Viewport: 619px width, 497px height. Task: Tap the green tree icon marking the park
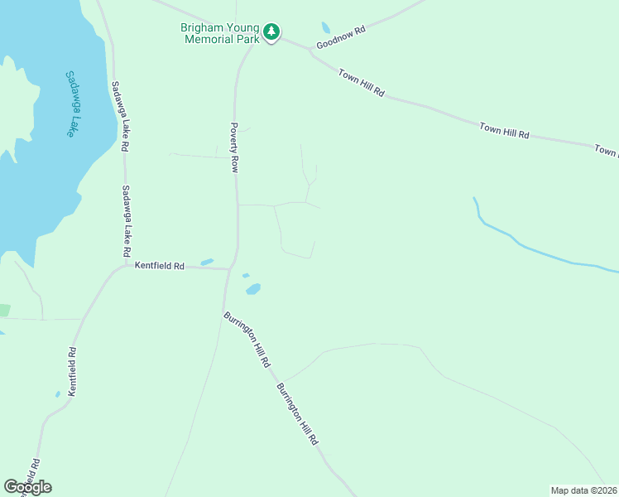(271, 32)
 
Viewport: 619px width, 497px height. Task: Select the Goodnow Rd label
(340, 39)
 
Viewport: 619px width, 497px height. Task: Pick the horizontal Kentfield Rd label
(160, 266)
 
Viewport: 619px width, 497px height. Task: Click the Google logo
(27, 486)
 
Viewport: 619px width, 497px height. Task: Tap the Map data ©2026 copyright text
(583, 490)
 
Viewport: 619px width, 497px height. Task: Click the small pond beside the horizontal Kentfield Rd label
(207, 262)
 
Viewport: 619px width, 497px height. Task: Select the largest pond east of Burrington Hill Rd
(252, 289)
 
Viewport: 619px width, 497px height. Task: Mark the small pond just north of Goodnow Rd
(325, 27)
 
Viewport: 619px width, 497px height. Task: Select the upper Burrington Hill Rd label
(247, 340)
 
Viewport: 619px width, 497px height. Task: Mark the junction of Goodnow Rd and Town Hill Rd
(311, 51)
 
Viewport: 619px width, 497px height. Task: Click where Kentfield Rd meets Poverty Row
(229, 268)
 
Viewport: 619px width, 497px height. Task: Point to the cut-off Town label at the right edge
(606, 151)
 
